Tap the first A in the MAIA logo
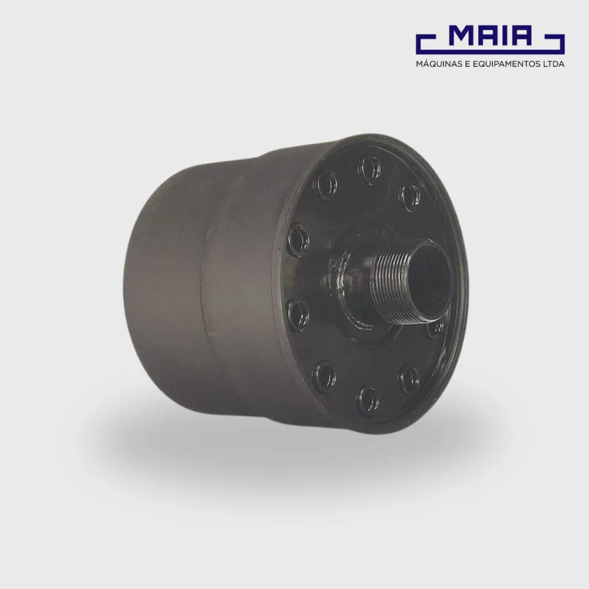pos(491,35)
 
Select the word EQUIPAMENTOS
pos(505,64)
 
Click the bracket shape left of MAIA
pos(426,44)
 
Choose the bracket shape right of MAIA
pos(555,44)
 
